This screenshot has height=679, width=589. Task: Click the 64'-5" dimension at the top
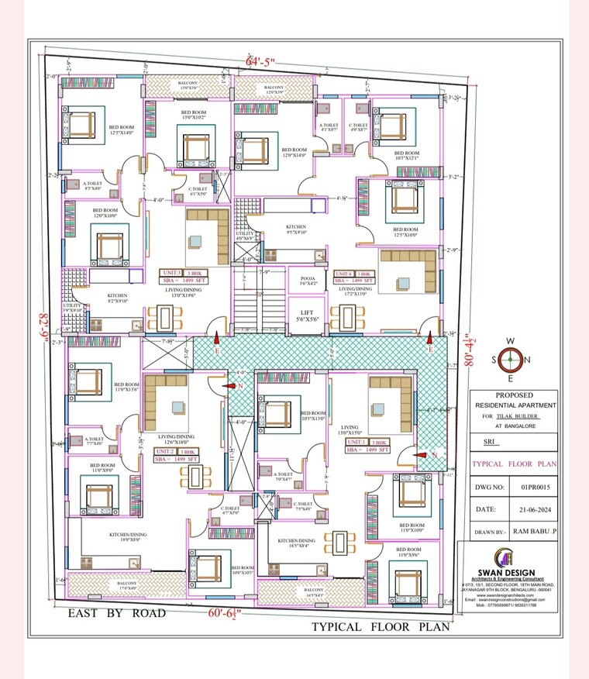point(260,61)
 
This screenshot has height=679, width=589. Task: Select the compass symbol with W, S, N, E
point(510,360)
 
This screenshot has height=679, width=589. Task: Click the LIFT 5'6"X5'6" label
point(306,315)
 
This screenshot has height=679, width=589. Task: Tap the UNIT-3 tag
point(172,274)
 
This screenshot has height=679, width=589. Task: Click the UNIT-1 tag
point(356,442)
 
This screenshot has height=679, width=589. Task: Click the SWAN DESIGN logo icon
point(507,557)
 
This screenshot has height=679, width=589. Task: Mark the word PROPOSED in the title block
point(514,395)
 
